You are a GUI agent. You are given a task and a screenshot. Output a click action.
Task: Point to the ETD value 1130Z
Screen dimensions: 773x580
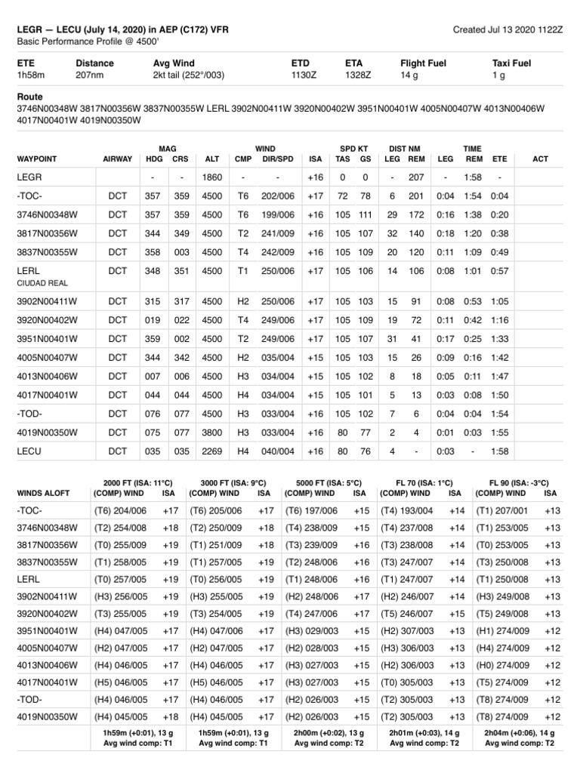point(304,75)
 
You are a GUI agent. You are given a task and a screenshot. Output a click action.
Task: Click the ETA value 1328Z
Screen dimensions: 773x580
point(357,75)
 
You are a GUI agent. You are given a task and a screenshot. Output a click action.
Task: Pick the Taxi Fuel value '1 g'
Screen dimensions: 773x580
point(498,75)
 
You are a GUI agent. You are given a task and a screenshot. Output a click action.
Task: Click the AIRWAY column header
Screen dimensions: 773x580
point(117,159)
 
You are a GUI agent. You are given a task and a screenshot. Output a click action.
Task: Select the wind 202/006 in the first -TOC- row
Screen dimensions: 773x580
point(278,196)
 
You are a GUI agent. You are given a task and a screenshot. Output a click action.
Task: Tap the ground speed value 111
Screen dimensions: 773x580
point(366,214)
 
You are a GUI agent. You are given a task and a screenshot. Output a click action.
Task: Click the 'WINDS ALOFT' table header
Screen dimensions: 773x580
point(43,493)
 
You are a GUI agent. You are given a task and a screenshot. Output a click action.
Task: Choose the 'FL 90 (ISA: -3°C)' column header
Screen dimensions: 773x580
point(520,482)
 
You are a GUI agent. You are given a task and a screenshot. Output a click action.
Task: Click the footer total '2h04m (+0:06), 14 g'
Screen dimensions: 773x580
point(520,732)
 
